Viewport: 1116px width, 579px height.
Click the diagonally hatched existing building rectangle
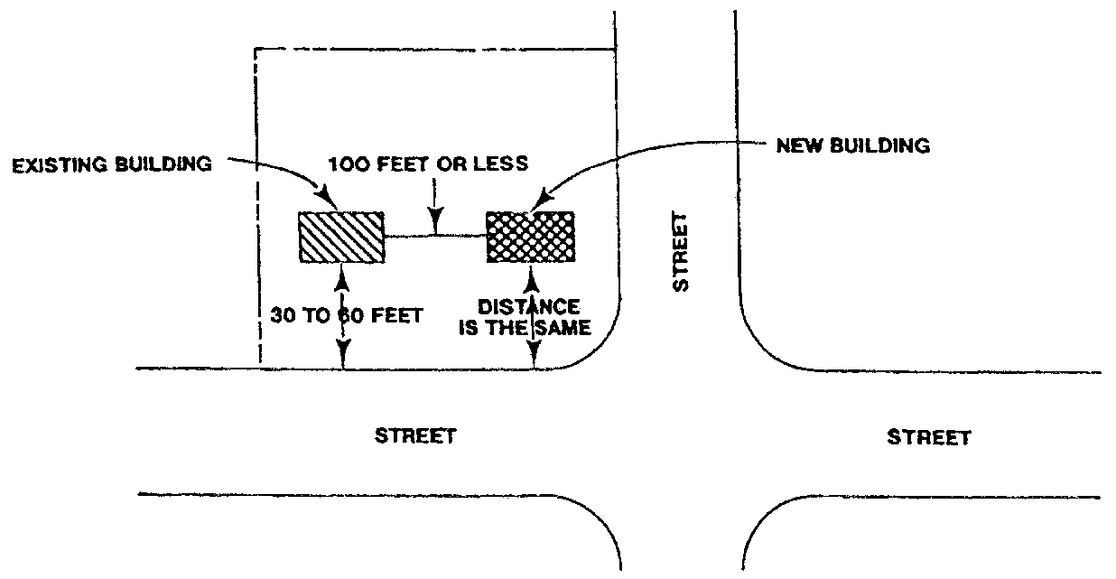pos(341,237)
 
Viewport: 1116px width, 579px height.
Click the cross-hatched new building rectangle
pos(530,237)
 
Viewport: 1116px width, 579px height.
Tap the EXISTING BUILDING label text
pos(113,167)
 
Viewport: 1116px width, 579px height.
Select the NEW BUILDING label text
pos(852,146)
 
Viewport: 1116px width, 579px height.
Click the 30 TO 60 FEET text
pos(347,317)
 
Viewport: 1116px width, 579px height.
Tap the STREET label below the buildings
pos(415,436)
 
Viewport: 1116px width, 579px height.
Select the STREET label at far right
pos(928,438)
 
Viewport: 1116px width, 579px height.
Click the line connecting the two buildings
pos(435,237)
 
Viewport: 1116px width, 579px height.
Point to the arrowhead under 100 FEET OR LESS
pos(436,223)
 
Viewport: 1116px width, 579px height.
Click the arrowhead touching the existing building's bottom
pos(341,270)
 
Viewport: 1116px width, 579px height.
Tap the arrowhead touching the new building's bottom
pos(534,270)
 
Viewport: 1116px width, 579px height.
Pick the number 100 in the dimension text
pos(344,166)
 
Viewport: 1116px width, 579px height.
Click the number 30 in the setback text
pos(284,317)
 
